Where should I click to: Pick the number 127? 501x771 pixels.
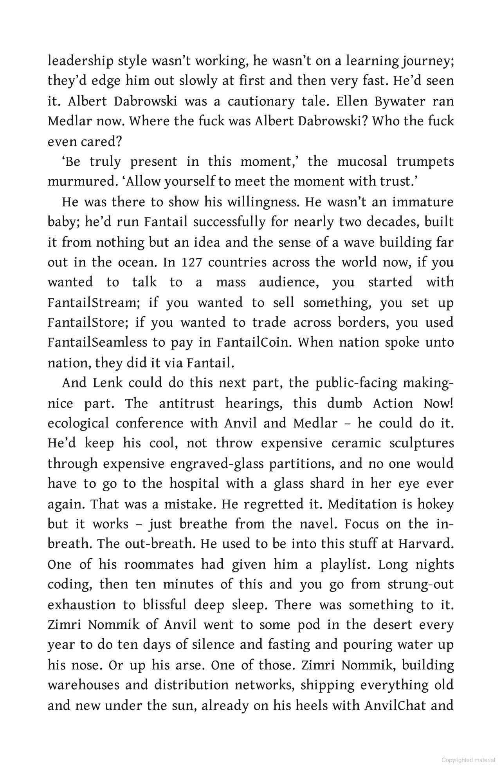point(191,262)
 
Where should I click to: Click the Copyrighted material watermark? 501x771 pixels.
point(468,760)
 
